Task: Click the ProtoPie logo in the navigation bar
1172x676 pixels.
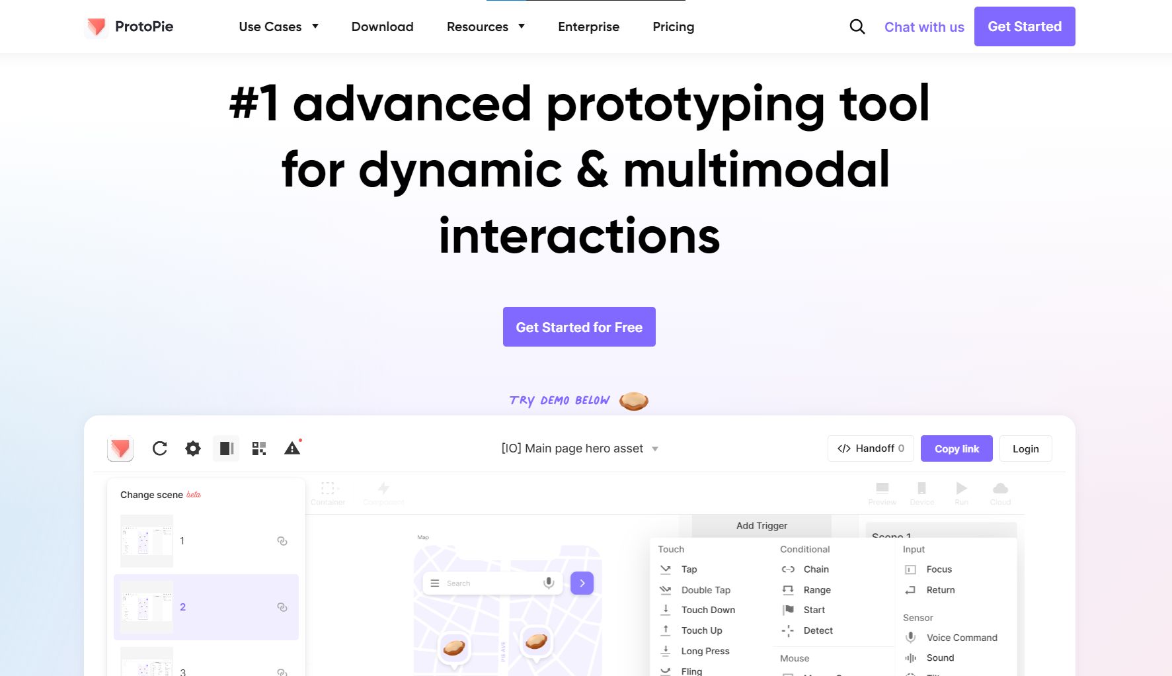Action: [x=130, y=26]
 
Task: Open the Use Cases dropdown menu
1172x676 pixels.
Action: [x=278, y=26]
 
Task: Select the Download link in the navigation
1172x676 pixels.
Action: [x=382, y=26]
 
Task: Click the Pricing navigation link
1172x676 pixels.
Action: [x=673, y=26]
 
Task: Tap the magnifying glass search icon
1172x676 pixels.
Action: [x=857, y=26]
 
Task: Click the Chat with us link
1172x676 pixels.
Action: [x=924, y=27]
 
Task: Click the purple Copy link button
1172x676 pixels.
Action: [x=957, y=448]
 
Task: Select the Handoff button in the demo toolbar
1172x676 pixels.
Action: [x=871, y=448]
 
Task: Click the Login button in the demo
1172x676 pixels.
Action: [x=1025, y=448]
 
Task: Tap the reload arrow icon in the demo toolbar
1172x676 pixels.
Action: [x=160, y=448]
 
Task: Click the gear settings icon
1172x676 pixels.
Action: [x=193, y=448]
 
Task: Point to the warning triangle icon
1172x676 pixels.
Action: [x=292, y=448]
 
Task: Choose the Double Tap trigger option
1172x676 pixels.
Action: [x=705, y=590]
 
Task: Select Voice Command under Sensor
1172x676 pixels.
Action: [x=961, y=638]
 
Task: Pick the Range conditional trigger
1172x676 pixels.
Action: [x=816, y=590]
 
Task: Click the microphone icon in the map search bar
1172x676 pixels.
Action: [x=548, y=583]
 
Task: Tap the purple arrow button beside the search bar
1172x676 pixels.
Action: [x=582, y=583]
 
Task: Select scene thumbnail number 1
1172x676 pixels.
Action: [x=147, y=541]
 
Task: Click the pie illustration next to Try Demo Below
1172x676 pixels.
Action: [x=633, y=401]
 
